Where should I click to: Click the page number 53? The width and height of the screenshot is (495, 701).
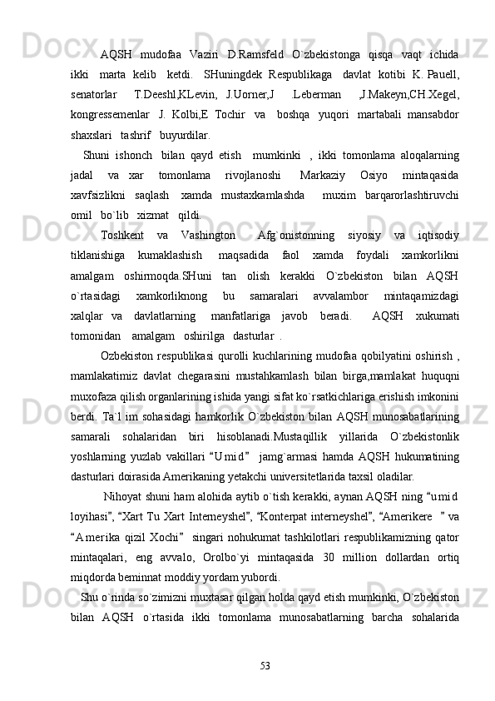[265, 664]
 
